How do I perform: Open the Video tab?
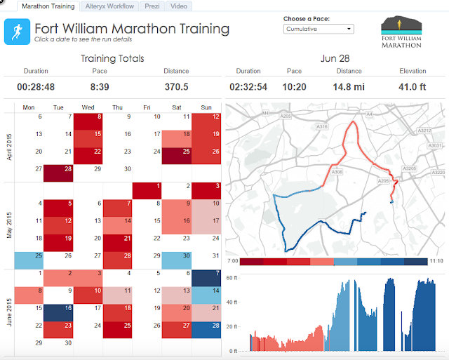click(178, 6)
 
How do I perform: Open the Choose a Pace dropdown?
click(319, 29)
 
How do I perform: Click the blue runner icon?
click(16, 32)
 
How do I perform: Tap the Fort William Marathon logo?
click(402, 33)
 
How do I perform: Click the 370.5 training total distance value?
click(176, 86)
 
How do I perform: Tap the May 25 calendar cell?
click(28, 260)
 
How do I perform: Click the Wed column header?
click(88, 107)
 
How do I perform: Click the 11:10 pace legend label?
click(435, 260)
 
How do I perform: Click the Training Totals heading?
click(112, 58)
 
